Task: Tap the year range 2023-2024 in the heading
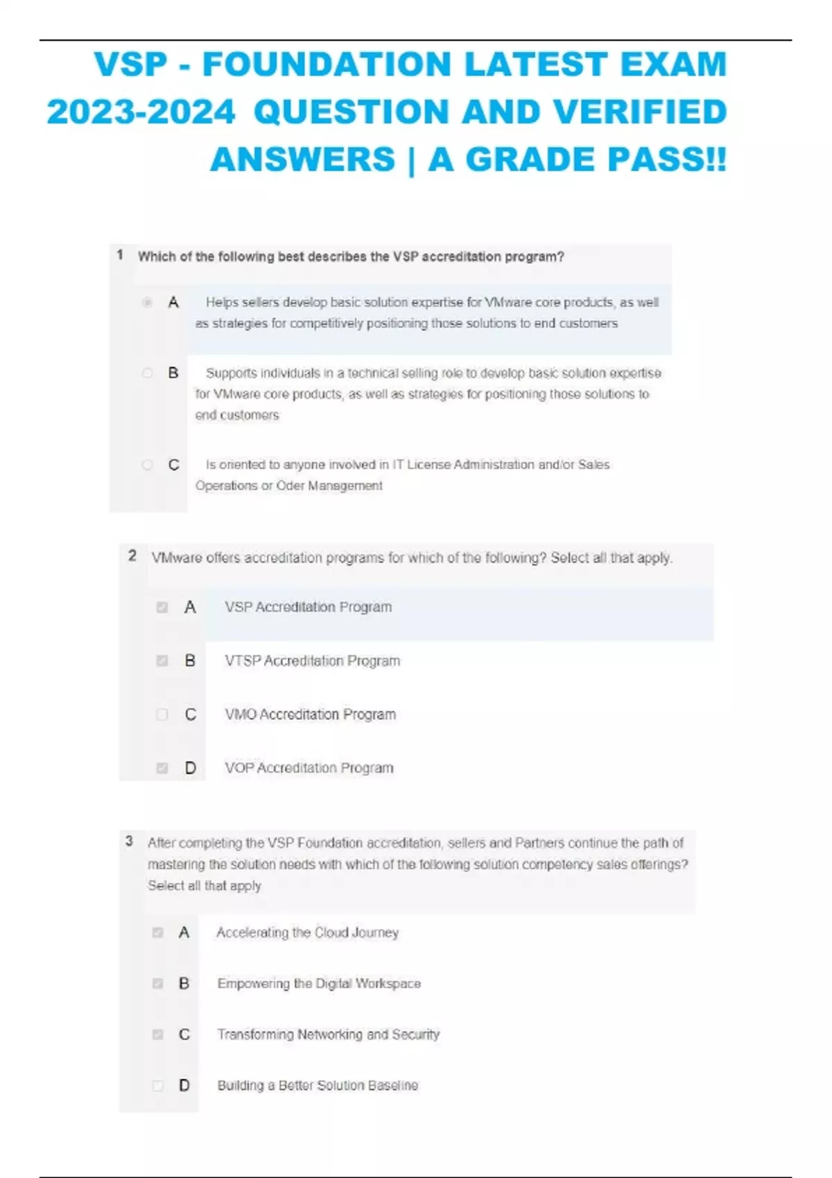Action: tap(141, 112)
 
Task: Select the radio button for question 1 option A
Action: tap(147, 302)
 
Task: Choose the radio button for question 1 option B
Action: tap(147, 373)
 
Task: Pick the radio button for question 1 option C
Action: tap(147, 465)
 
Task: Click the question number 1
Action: tap(120, 255)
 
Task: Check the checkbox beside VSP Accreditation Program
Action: tap(162, 608)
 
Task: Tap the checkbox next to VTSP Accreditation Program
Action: tap(162, 661)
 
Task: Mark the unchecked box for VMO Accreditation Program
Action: tap(162, 714)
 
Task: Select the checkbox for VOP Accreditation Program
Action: tap(162, 768)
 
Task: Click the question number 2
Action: tap(132, 556)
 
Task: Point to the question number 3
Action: tap(129, 841)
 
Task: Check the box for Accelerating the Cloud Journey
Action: tap(158, 933)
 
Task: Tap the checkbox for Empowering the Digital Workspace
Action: tap(158, 984)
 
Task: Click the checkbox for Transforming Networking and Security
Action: tap(158, 1035)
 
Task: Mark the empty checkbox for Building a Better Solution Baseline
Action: tap(158, 1086)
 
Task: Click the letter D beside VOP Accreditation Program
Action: tap(190, 768)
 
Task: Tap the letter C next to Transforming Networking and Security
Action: tap(184, 1035)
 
